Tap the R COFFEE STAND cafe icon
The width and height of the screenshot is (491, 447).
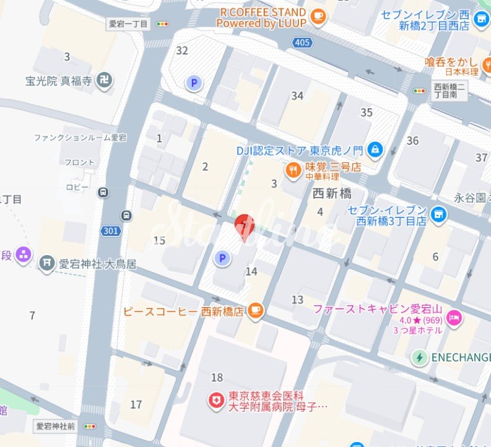click(x=318, y=17)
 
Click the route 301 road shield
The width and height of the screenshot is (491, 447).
click(x=111, y=231)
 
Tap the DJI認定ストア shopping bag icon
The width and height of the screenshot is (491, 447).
click(x=375, y=149)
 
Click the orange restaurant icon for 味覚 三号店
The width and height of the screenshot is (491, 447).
click(x=293, y=169)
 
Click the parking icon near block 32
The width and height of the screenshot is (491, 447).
click(x=194, y=82)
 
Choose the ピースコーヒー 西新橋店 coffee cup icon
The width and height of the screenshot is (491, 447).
click(x=254, y=311)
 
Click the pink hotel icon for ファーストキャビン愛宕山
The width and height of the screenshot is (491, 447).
click(x=454, y=317)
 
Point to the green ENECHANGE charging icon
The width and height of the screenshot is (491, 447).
click(x=420, y=357)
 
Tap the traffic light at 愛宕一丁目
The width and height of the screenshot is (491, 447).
click(x=163, y=24)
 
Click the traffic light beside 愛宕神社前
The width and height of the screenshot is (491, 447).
click(x=90, y=426)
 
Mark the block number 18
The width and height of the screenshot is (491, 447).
click(x=217, y=378)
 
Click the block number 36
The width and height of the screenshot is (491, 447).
click(x=413, y=141)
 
